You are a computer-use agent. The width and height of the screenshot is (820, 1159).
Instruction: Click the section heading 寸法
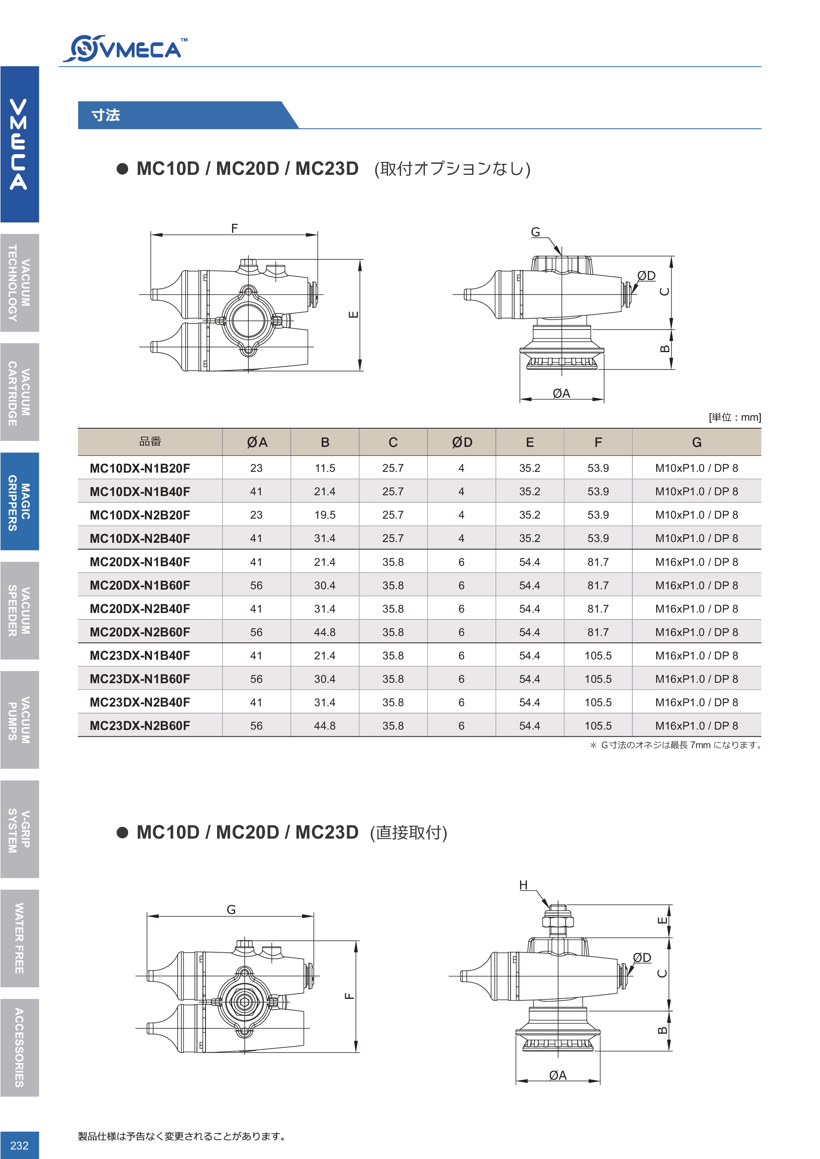[106, 115]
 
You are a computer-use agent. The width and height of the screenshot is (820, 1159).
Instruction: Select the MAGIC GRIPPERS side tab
[19, 502]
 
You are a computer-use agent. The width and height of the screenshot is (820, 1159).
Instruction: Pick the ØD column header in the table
[461, 442]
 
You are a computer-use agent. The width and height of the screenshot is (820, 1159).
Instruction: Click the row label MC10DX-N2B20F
[140, 515]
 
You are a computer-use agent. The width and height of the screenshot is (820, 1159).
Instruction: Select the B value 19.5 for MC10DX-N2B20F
[325, 515]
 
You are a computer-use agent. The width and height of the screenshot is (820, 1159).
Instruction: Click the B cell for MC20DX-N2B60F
[325, 632]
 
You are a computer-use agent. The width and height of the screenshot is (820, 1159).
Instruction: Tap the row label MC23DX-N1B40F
[140, 656]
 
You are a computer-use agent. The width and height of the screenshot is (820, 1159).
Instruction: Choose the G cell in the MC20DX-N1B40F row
[696, 562]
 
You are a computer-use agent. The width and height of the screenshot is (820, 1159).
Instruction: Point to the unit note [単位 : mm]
[734, 417]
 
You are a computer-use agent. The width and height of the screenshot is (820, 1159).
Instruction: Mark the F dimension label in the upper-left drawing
[234, 228]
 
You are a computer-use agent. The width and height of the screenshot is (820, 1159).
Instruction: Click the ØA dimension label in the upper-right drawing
[561, 393]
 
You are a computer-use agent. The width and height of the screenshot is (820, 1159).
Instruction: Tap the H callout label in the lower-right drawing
[523, 885]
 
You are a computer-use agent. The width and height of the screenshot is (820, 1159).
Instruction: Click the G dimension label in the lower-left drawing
[231, 910]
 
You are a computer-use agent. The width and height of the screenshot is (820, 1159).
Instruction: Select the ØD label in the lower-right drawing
[642, 958]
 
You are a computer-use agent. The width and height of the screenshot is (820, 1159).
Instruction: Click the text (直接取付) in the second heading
[409, 832]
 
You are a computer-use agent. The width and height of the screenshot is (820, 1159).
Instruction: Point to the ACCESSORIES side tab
[19, 1048]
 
